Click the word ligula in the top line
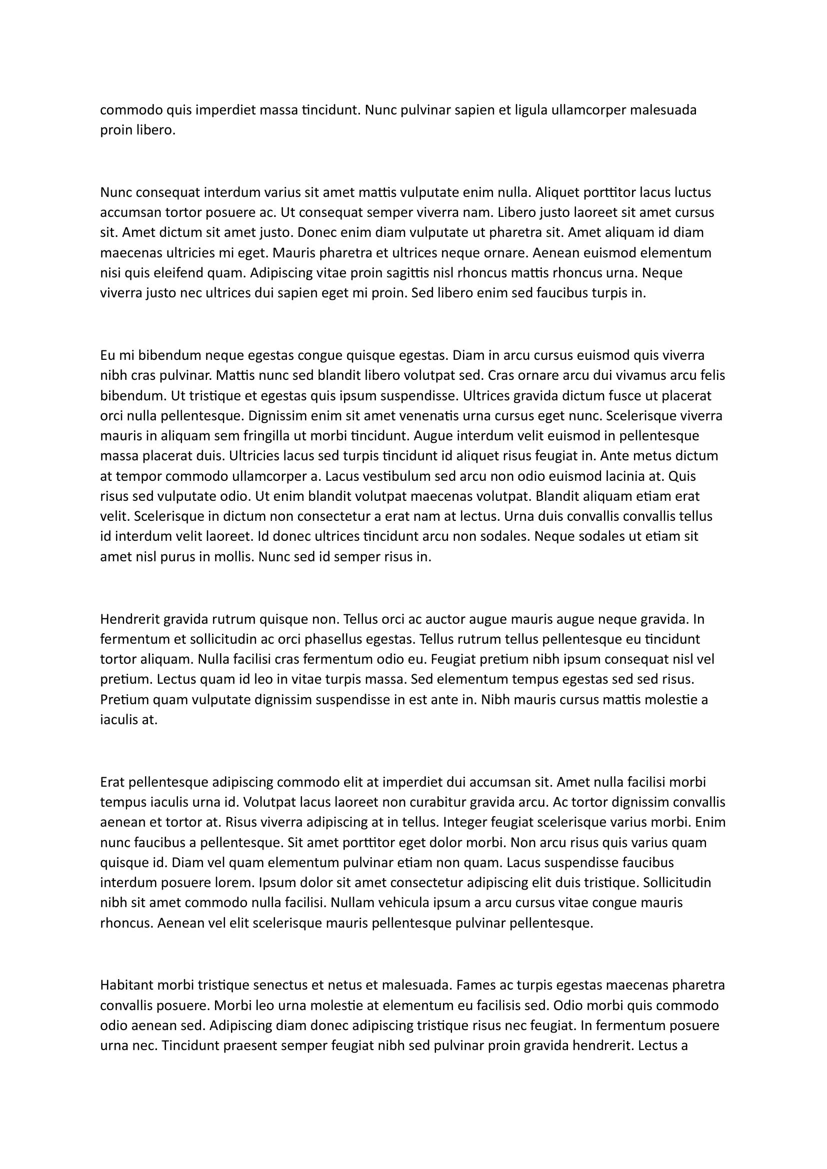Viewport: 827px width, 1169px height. [x=530, y=110]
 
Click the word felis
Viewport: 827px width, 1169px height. [x=712, y=376]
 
